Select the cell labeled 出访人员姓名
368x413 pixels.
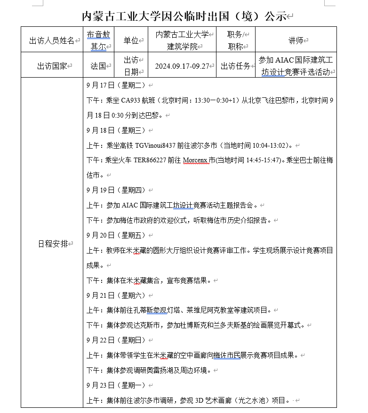(x=51, y=40)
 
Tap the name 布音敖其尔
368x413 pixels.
(x=98, y=40)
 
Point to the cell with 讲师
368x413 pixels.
(x=296, y=40)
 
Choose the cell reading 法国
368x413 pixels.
(x=98, y=66)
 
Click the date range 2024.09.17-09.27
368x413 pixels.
(x=182, y=66)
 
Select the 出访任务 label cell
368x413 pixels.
(x=236, y=66)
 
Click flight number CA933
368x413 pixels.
(x=132, y=101)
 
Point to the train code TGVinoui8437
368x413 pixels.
(x=155, y=146)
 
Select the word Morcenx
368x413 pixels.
(x=195, y=161)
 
